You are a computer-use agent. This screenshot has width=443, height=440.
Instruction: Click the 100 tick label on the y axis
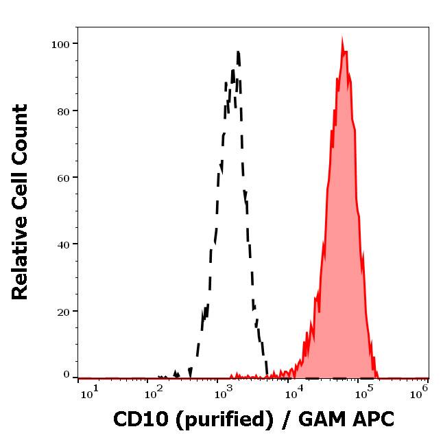[60, 44]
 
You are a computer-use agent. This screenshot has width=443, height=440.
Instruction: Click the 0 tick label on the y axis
[67, 375]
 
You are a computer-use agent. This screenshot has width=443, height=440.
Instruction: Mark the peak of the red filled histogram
[342, 39]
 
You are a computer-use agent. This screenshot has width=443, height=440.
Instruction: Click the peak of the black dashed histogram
[237, 51]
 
